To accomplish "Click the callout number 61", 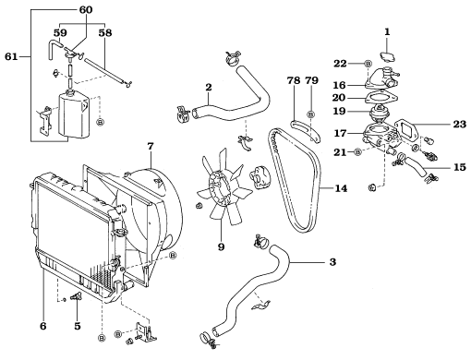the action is pos(11,56).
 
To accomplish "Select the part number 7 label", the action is pos(150,146).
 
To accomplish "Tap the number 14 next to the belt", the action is pos(341,188).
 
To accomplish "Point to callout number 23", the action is pos(460,125).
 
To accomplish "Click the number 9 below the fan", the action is pos(221,246).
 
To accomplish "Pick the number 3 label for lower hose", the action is pos(332,262).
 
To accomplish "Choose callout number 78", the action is pos(294,80).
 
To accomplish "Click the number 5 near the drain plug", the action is pos(78,326).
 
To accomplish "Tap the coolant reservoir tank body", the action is pos(73,115).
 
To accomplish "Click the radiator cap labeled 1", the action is pos(388,57).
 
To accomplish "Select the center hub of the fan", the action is pos(220,186).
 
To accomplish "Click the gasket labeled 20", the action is pos(381,99).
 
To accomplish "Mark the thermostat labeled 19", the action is pos(380,113).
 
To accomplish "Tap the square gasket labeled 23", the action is pos(405,129).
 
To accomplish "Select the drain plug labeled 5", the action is pos(76,297).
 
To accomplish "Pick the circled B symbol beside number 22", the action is pos(368,64).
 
